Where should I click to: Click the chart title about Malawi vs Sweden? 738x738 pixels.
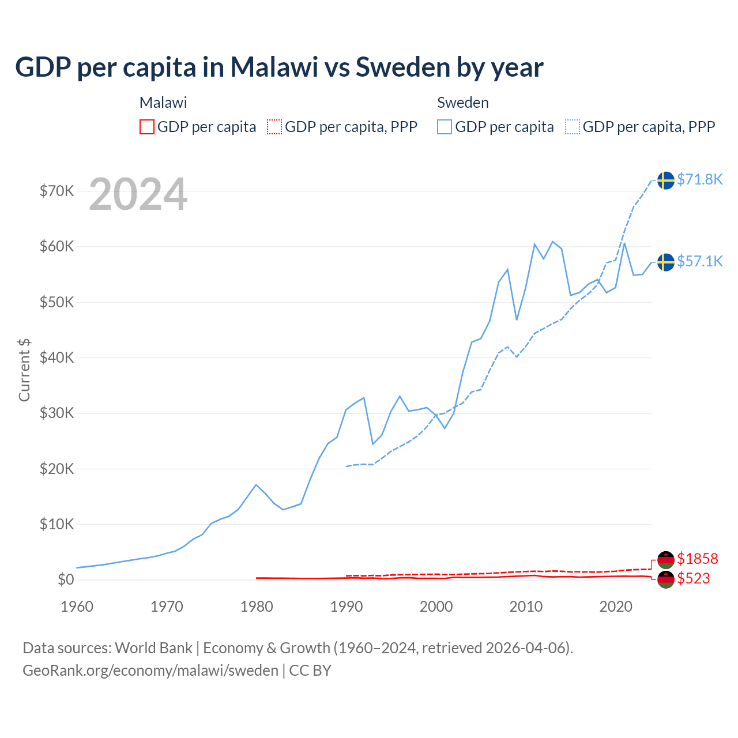[x=279, y=67]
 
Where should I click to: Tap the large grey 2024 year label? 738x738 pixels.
[x=138, y=195]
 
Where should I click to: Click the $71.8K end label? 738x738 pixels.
[x=699, y=180]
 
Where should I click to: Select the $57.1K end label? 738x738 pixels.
[x=699, y=262]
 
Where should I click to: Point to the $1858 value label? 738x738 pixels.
[x=697, y=559]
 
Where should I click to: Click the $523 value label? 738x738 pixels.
[x=694, y=579]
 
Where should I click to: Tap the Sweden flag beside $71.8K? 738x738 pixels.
[x=666, y=180]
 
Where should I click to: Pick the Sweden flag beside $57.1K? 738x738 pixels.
[x=666, y=262]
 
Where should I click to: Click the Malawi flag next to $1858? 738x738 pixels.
[x=666, y=559]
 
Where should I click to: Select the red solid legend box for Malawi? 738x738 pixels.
[x=147, y=127]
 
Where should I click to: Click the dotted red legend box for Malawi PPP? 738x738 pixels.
[x=274, y=127]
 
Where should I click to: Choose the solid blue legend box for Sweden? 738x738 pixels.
[x=445, y=127]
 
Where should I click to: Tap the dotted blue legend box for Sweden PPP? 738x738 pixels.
[x=573, y=127]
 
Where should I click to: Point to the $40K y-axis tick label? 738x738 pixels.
[x=57, y=358]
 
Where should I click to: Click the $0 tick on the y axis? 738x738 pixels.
[x=66, y=580]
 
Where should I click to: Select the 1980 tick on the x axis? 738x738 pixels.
[x=257, y=607]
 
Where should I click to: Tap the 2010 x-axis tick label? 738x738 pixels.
[x=526, y=607]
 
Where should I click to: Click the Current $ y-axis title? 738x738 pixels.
[x=24, y=370]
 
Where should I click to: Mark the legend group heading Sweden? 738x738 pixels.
[x=463, y=103]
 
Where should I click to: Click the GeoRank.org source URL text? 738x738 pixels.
[x=150, y=671]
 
